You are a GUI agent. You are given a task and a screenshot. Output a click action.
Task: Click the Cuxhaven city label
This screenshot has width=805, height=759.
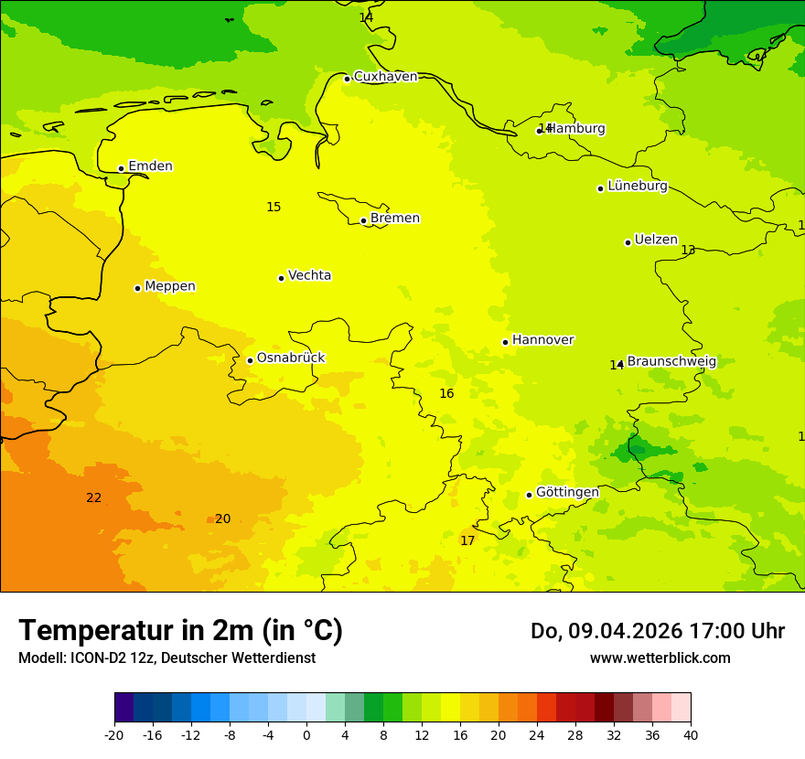click(385, 77)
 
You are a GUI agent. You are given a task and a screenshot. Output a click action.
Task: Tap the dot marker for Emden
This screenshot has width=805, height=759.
click(121, 168)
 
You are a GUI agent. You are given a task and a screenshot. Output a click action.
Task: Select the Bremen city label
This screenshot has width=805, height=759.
click(394, 219)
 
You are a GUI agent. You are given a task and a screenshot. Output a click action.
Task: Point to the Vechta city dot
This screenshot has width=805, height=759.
click(281, 278)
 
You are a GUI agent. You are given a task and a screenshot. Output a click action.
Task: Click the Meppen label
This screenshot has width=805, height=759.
click(170, 286)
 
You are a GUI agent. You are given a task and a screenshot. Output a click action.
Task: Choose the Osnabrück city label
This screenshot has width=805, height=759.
click(291, 358)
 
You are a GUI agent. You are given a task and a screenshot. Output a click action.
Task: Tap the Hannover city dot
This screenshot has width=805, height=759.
click(505, 342)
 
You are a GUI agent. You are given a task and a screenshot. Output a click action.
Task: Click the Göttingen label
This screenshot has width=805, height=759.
click(567, 492)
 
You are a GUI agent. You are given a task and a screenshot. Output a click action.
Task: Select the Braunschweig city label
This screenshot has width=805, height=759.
click(671, 361)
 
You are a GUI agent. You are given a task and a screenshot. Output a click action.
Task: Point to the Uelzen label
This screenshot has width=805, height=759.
click(656, 240)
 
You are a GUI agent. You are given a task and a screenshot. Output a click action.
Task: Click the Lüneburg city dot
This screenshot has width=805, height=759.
click(600, 188)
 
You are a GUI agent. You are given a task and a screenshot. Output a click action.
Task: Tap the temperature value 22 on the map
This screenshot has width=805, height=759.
click(93, 497)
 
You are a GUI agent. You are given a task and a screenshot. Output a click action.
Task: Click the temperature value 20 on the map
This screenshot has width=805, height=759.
click(222, 518)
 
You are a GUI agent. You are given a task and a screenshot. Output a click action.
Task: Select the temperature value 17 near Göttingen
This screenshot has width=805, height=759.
click(467, 540)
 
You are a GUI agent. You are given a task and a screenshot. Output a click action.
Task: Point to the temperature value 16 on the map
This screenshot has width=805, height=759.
click(446, 393)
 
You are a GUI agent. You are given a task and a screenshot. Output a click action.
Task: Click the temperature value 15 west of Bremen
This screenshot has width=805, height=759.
click(274, 207)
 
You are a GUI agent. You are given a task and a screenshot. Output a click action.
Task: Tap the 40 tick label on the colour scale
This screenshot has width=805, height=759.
click(691, 734)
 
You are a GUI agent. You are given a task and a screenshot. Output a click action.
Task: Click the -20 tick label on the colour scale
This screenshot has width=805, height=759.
click(114, 734)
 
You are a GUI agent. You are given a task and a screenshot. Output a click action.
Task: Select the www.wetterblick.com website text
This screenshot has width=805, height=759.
click(660, 657)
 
